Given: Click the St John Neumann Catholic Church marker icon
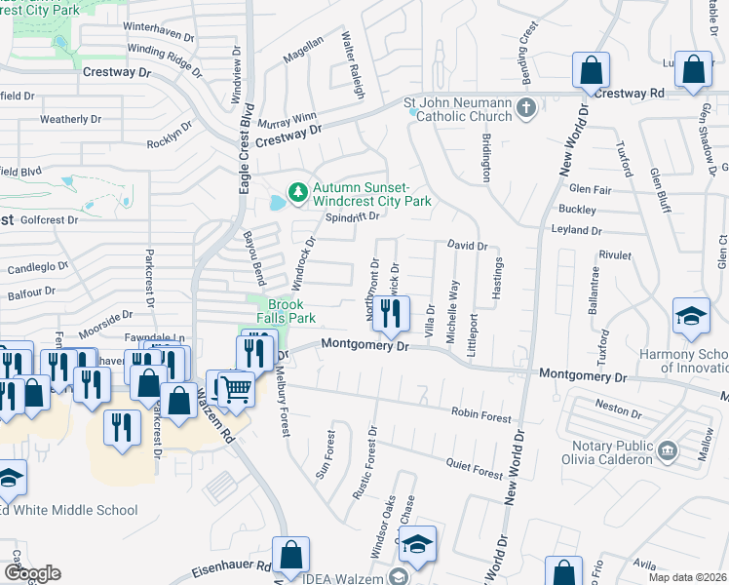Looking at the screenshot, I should pyautogui.click(x=526, y=106).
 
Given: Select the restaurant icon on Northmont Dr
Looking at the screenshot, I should pyautogui.click(x=390, y=314).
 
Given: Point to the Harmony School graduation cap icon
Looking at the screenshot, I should pyautogui.click(x=691, y=317).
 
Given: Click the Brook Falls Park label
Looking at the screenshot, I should pyautogui.click(x=286, y=311).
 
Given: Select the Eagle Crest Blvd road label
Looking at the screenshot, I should pyautogui.click(x=244, y=146).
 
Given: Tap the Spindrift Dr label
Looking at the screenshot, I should pyautogui.click(x=351, y=216).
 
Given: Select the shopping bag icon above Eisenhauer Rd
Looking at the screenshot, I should pyautogui.click(x=291, y=555).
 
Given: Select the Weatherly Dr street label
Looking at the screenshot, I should pyautogui.click(x=70, y=119).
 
